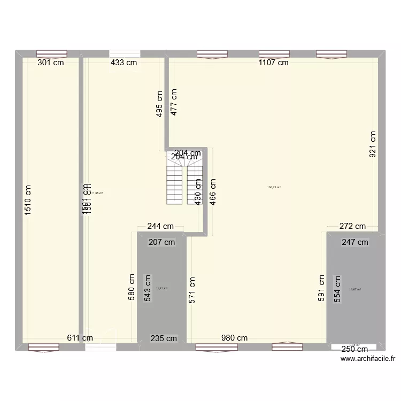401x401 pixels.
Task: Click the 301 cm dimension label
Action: coord(51,63)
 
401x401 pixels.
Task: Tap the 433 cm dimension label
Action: coord(124,63)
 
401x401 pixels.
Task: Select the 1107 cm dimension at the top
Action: coord(273,63)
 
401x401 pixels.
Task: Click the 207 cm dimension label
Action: coord(161,242)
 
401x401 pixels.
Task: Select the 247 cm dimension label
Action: coord(355,242)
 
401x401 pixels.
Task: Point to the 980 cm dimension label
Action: coord(235,338)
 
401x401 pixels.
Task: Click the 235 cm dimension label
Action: coord(164,338)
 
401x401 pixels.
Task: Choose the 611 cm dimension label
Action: coord(80,338)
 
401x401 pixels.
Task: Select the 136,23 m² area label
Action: coord(274,188)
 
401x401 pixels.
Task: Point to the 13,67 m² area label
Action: coord(355,290)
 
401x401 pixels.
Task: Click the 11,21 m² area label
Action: coord(161,289)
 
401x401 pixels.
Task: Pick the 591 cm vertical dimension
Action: coord(322,289)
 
